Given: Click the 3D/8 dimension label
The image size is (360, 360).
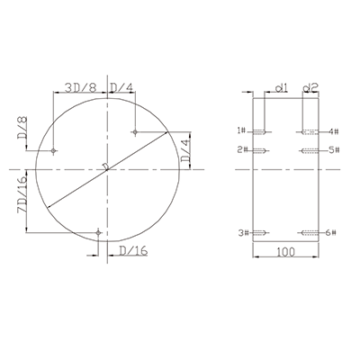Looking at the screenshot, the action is [81, 87].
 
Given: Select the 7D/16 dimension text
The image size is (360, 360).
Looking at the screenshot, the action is [22, 194].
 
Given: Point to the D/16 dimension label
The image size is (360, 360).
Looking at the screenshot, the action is [133, 250].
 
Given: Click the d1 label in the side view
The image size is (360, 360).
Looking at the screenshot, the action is [282, 87].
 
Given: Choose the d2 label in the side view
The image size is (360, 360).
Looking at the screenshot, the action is [310, 87].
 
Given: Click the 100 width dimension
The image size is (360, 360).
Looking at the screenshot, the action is [285, 252].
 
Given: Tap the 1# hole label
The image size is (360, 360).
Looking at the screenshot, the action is [241, 130].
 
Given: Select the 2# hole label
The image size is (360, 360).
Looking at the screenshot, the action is [242, 149].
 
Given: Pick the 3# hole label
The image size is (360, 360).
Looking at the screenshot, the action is [244, 233].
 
